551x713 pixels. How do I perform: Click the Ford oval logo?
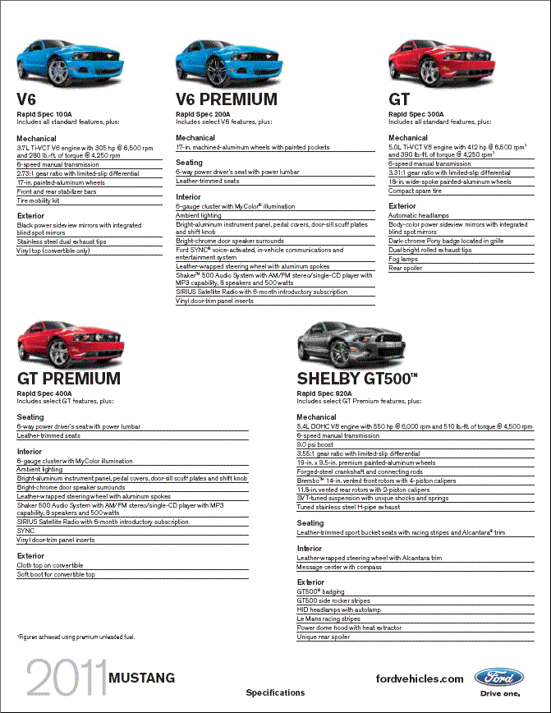(x=499, y=678)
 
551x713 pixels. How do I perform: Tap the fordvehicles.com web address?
(x=419, y=678)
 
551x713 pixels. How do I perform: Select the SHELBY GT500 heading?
(x=357, y=379)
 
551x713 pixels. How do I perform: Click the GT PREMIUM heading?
(x=69, y=379)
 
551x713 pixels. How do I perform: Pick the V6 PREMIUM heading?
(x=227, y=99)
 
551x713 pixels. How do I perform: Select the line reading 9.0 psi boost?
(x=316, y=444)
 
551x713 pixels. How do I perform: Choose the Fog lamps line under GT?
(x=403, y=259)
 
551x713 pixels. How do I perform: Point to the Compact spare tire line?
(x=415, y=191)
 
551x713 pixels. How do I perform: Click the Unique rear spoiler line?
(x=323, y=637)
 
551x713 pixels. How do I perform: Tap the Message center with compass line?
(x=338, y=567)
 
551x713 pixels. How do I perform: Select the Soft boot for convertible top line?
(x=56, y=574)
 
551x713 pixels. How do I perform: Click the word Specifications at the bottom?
(x=275, y=692)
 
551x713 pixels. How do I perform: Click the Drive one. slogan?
(x=500, y=694)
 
